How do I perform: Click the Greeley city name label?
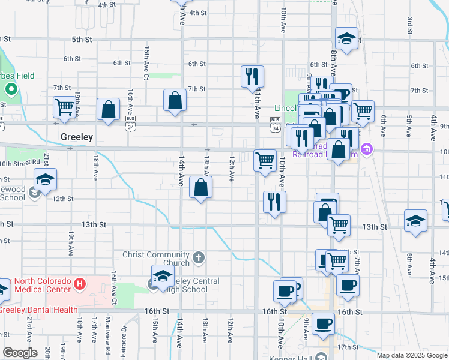coord(77,137)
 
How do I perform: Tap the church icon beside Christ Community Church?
coord(199,259)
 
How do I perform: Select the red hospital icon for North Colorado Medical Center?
coord(79,282)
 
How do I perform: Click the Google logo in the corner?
coord(20,352)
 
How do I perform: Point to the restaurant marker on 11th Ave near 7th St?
coord(252,76)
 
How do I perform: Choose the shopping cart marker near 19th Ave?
coord(65,107)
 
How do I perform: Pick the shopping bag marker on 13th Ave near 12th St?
coord(200,187)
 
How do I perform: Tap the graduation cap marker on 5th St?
coord(346,39)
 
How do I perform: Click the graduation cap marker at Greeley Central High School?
coord(162,276)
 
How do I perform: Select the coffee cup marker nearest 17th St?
coord(323,323)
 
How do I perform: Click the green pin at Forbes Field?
coord(10,91)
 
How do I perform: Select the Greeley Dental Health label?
coord(39,310)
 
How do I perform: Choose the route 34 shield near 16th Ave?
coord(130,127)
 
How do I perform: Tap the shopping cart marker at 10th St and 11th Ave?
coord(265,160)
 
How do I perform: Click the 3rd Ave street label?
coord(409,26)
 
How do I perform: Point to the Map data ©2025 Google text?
coord(411,355)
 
